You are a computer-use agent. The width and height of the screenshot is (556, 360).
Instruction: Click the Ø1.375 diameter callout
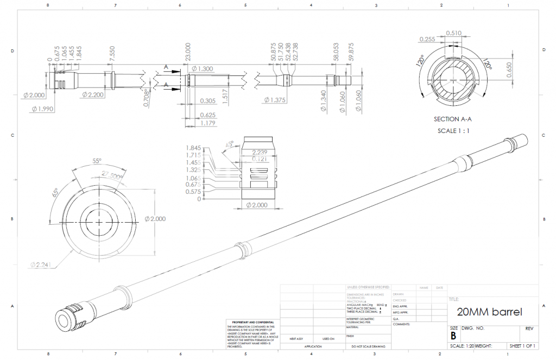point(275,100)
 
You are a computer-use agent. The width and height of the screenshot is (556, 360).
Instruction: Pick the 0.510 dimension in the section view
point(454,33)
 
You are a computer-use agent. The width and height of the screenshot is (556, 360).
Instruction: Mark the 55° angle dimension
point(97,162)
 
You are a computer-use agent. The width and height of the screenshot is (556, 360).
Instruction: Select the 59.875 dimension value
point(351,52)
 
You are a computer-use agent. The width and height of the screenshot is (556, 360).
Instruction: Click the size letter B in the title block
point(453,336)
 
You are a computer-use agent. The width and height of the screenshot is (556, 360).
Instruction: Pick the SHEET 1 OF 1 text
point(522,346)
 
